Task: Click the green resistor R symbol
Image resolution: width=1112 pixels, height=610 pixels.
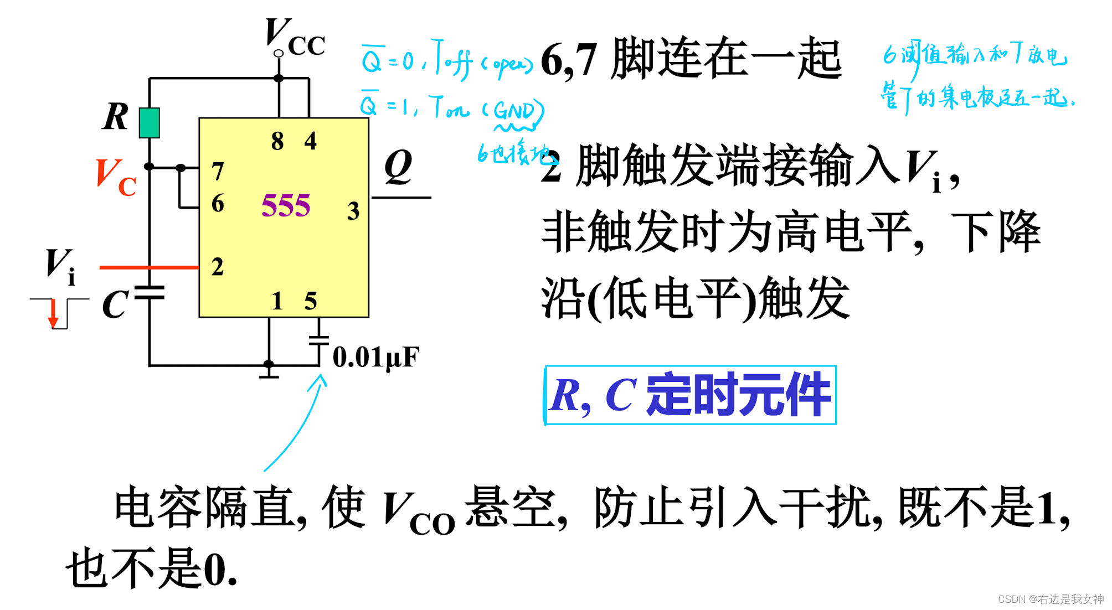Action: click(149, 123)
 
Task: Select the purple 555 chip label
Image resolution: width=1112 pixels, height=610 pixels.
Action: click(286, 205)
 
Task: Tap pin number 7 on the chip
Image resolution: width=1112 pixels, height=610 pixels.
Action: click(218, 171)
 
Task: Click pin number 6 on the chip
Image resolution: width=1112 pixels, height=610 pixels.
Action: click(218, 203)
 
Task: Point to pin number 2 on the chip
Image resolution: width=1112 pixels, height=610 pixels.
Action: click(218, 267)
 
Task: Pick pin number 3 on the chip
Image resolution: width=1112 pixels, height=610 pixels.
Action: click(353, 211)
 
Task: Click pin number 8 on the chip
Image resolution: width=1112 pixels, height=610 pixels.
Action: click(277, 141)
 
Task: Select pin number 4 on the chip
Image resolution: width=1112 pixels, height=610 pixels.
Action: click(310, 141)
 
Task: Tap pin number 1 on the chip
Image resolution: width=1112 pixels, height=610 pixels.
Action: click(277, 301)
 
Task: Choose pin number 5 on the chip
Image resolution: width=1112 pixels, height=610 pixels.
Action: click(310, 301)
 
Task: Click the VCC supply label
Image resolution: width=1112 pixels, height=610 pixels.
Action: click(295, 38)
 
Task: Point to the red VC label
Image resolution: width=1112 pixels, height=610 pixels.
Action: click(116, 177)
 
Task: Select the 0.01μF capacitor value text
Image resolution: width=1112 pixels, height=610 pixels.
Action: click(376, 357)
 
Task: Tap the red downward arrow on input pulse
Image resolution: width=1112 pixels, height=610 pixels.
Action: click(53, 314)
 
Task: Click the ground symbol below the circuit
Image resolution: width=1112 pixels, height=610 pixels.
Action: click(269, 373)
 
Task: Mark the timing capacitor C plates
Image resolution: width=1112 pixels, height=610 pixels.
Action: click(150, 293)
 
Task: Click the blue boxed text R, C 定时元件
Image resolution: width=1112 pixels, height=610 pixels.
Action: click(690, 395)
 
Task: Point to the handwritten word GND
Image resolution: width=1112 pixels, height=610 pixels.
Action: click(514, 111)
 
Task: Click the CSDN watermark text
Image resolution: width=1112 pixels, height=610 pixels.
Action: click(1050, 599)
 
